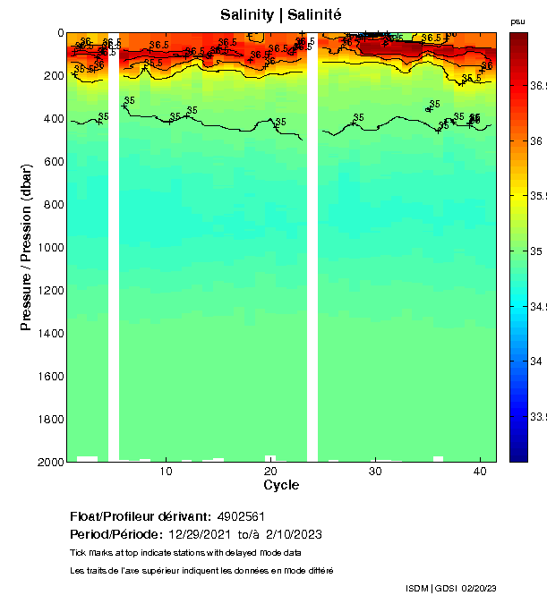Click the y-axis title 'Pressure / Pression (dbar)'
[26, 247]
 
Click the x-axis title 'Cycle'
[281, 485]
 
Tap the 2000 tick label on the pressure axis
[48, 462]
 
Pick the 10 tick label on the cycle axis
[166, 471]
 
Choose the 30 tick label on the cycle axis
[375, 471]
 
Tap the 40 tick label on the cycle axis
[480, 471]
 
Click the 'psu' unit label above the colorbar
[517, 21]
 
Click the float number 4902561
[240, 517]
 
